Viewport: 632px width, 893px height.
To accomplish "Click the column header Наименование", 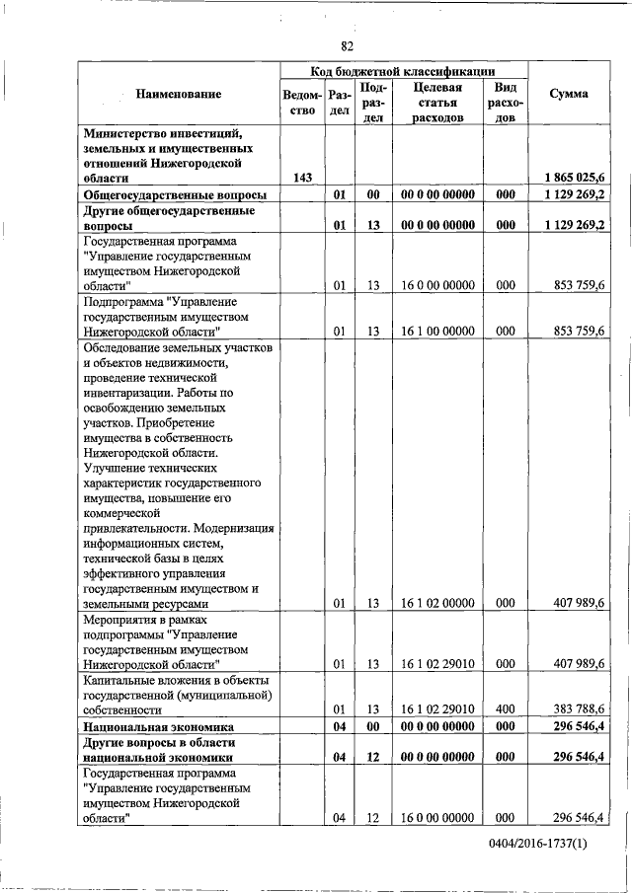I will [x=179, y=94].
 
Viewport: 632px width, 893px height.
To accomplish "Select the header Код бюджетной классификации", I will [x=403, y=70].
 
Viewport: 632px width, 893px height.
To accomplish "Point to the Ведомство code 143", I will [x=303, y=177].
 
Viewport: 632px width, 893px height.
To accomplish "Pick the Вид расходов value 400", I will [x=506, y=708].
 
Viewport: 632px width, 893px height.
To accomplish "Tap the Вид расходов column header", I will [x=505, y=103].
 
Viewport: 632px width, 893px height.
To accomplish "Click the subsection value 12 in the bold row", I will [x=373, y=757].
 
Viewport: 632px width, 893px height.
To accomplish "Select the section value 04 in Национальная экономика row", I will [x=338, y=726].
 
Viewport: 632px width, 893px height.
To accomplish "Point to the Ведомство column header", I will [x=302, y=103].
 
